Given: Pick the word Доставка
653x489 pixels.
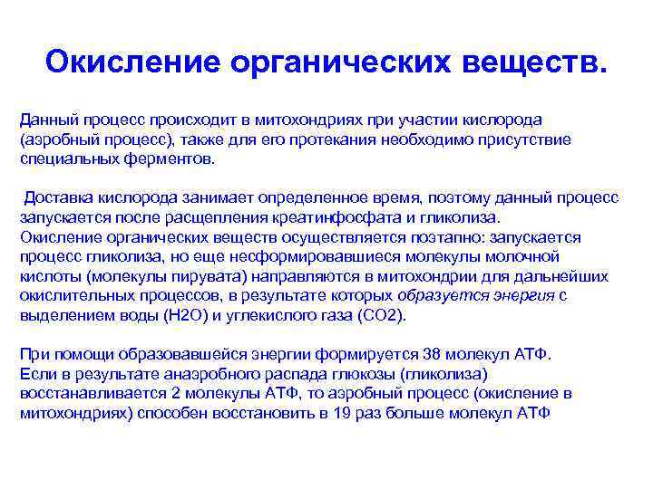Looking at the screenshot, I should point(57,197).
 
